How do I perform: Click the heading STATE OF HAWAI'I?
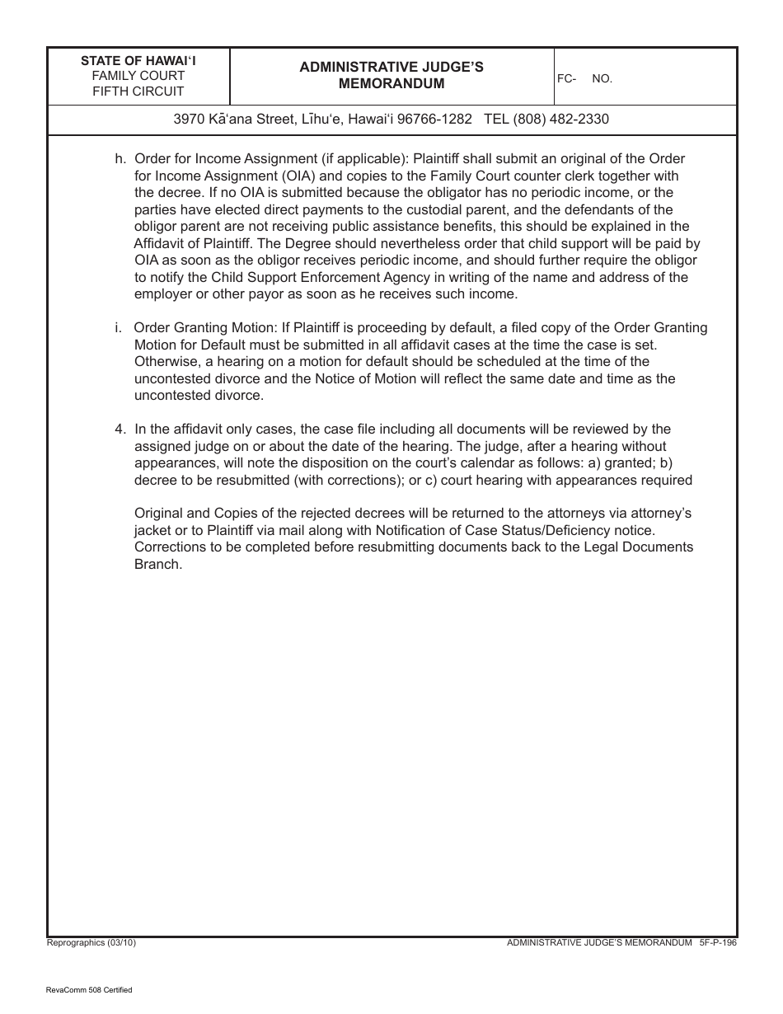[x=138, y=60]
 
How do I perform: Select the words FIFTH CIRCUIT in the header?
[x=138, y=92]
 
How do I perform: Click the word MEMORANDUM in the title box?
[x=391, y=83]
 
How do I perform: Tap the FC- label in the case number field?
[x=566, y=78]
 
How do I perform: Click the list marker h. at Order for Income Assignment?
[x=120, y=158]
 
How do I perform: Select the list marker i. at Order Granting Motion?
[x=118, y=327]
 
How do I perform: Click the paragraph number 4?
[x=120, y=429]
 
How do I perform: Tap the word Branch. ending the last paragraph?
[x=157, y=565]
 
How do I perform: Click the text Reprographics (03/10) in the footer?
[x=91, y=942]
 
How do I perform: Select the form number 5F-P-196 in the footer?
[x=717, y=942]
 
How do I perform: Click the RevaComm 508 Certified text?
[x=89, y=990]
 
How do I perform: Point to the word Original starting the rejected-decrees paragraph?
[x=158, y=514]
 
